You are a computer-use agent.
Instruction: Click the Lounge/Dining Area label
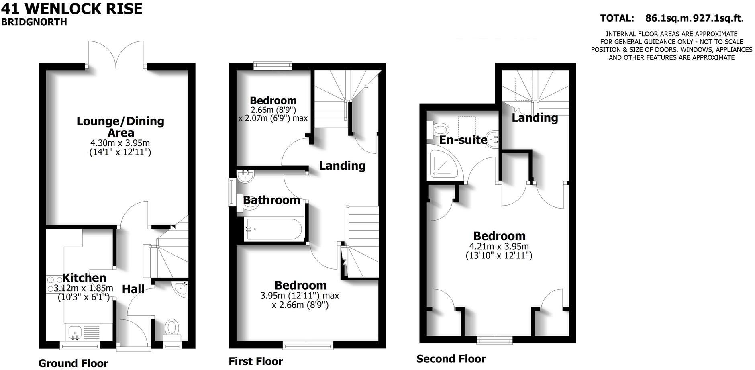click(x=120, y=127)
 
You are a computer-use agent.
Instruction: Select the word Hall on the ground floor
click(x=133, y=289)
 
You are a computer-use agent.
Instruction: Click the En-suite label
click(x=463, y=140)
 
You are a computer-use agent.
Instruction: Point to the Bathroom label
click(x=271, y=200)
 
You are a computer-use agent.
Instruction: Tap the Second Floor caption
click(x=451, y=359)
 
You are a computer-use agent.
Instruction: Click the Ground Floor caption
click(x=73, y=363)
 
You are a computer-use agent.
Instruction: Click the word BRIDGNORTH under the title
click(x=34, y=22)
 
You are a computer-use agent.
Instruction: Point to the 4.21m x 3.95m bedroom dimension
click(x=499, y=247)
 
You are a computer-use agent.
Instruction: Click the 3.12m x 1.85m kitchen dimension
click(x=84, y=288)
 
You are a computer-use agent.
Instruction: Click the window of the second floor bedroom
click(x=494, y=340)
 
